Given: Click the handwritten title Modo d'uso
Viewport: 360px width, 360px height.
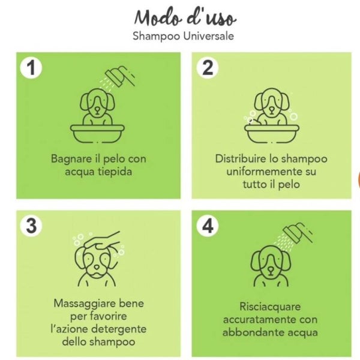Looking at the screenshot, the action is (x=185, y=17).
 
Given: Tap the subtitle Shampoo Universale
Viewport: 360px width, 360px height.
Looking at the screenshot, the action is (x=183, y=36).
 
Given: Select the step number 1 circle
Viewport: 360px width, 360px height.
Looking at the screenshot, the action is (x=31, y=67).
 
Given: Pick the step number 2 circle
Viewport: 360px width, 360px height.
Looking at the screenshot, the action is (x=208, y=67).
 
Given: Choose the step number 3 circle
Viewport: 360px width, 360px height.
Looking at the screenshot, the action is (x=31, y=226).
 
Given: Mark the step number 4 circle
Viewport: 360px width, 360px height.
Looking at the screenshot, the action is (x=208, y=226).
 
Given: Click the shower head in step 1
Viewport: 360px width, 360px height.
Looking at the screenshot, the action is (x=120, y=76).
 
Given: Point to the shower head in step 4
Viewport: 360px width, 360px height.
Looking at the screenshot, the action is (x=298, y=233).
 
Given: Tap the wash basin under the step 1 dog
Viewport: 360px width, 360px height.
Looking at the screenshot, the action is (x=97, y=134).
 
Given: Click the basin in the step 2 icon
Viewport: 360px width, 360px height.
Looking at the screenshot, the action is (x=272, y=134).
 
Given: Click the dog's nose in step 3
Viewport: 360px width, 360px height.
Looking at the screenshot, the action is (x=97, y=267).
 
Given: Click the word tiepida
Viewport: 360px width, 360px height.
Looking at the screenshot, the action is (x=115, y=172).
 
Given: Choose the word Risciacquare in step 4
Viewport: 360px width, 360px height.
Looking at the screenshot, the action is (x=270, y=307).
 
